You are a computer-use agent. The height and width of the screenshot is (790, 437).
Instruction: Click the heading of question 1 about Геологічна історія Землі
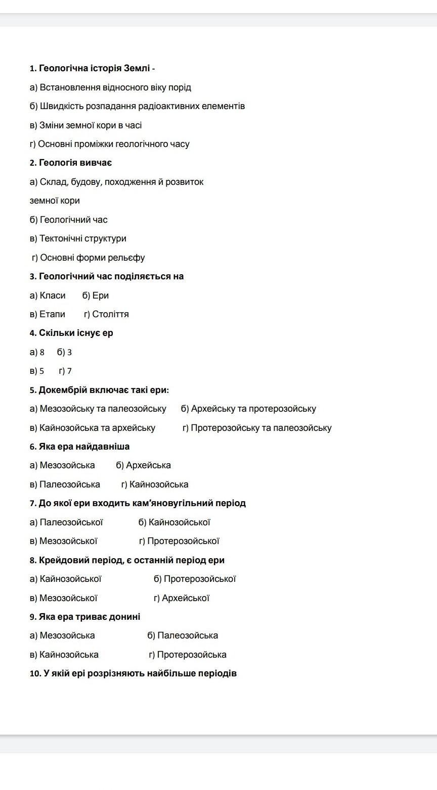click(x=92, y=68)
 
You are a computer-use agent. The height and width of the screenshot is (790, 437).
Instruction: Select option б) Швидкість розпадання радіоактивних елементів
click(x=137, y=106)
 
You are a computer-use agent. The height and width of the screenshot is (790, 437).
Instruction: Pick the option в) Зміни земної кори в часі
click(x=85, y=125)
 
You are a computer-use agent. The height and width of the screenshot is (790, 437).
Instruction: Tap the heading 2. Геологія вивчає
click(x=71, y=163)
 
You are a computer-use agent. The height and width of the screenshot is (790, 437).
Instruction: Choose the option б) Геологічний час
click(x=68, y=220)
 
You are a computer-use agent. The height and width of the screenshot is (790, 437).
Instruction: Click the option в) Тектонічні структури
click(x=78, y=238)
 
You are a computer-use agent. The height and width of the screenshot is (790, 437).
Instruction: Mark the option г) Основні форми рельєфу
click(x=88, y=258)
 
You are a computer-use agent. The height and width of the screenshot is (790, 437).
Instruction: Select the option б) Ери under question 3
click(x=96, y=295)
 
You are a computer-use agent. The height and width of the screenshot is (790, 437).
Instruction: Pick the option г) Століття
click(x=106, y=314)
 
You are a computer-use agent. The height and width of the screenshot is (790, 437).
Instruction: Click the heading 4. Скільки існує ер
click(x=71, y=333)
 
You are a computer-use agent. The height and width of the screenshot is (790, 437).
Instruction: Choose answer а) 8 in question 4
click(x=37, y=352)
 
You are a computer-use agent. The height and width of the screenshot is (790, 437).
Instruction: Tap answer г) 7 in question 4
click(x=65, y=371)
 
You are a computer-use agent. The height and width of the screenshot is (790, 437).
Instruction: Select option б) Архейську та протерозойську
click(x=248, y=409)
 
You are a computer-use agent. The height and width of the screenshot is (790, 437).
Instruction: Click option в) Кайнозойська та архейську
click(x=92, y=428)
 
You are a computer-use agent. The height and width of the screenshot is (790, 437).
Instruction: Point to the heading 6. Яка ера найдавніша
click(x=79, y=447)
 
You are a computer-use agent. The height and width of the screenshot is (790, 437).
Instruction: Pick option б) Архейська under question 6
click(x=143, y=465)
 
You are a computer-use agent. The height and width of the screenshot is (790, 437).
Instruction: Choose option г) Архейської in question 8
click(x=182, y=598)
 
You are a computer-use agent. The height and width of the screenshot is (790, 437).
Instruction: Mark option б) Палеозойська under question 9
click(x=183, y=635)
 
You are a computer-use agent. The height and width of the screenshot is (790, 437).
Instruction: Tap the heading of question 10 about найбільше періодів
click(x=133, y=673)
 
